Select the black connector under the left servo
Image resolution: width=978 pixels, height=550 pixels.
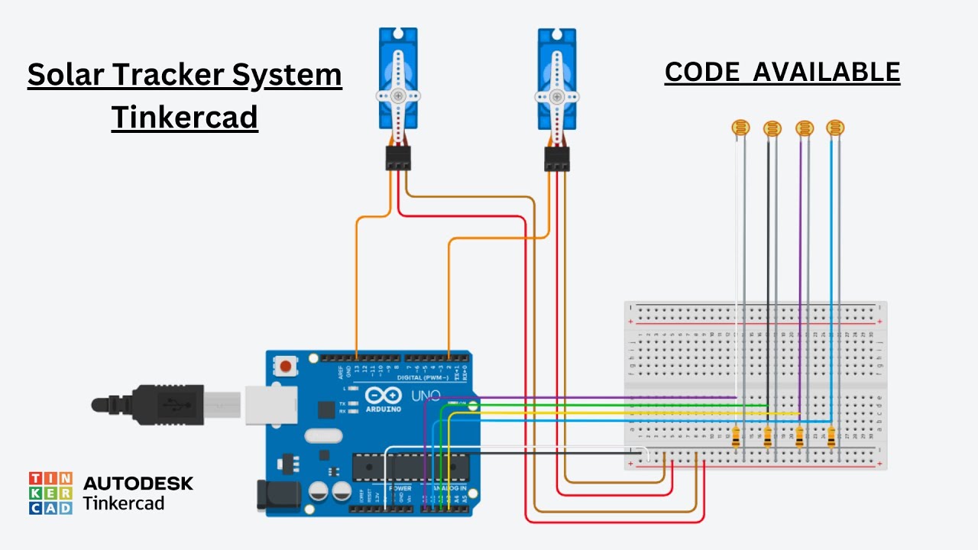pyautogui.click(x=398, y=158)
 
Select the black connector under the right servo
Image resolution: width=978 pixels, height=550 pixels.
pyautogui.click(x=557, y=159)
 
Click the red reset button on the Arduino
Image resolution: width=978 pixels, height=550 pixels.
pyautogui.click(x=286, y=365)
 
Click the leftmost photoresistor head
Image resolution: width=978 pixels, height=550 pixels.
pyautogui.click(x=740, y=128)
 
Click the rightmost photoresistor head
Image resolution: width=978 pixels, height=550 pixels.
pyautogui.click(x=835, y=128)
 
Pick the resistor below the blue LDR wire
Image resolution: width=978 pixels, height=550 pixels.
pyautogui.click(x=831, y=438)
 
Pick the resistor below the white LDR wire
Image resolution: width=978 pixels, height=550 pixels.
pyautogui.click(x=736, y=438)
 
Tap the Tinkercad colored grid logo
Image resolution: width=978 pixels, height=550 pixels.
pyautogui.click(x=50, y=493)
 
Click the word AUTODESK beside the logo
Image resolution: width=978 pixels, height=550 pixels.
pyautogui.click(x=138, y=483)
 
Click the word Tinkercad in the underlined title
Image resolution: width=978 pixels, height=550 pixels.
pyautogui.click(x=184, y=117)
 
